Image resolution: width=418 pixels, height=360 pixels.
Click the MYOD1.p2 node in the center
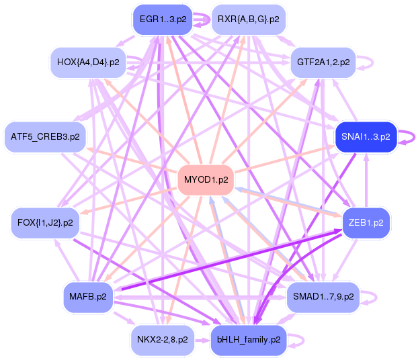coord(206,180)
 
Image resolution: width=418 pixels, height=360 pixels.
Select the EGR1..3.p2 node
coord(163,19)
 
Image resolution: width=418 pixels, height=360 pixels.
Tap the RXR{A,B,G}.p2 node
coord(249,19)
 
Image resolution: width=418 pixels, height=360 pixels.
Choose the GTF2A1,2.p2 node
coord(323,62)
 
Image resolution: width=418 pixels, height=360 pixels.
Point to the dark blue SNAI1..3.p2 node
coord(366,137)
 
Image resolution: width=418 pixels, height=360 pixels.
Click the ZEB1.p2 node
coord(366,223)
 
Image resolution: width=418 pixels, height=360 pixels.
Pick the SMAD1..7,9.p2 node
coord(323,297)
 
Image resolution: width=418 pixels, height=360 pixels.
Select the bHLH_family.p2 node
coord(249,340)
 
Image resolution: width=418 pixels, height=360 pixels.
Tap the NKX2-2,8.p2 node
coord(163,340)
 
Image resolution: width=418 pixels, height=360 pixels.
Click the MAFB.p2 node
coord(88,297)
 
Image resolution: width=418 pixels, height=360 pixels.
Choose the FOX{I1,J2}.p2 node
coord(45,223)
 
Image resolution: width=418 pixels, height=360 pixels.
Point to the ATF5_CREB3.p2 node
coord(45,137)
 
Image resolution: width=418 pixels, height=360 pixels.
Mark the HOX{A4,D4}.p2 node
coord(88,62)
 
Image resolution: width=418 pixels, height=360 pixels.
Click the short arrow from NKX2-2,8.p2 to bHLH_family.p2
coord(202,341)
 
